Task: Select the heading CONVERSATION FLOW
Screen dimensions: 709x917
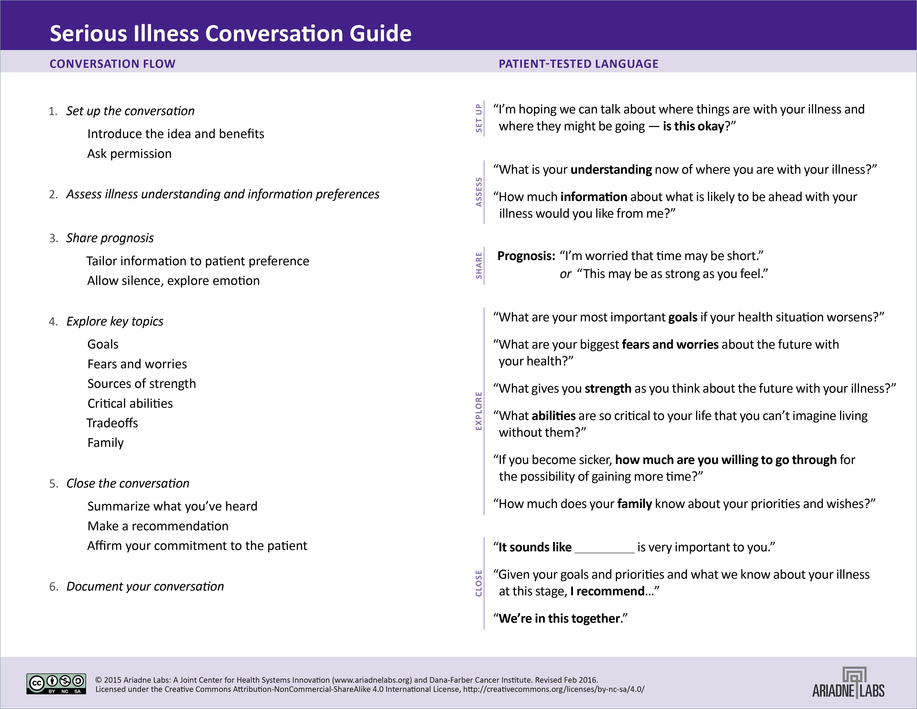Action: point(113,64)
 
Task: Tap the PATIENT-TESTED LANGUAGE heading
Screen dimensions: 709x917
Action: point(578,64)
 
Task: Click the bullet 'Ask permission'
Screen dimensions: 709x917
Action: point(129,154)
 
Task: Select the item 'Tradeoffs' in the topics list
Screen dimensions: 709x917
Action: point(112,423)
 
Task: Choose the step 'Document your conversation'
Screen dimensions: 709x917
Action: point(145,586)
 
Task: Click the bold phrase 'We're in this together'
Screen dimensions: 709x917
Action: point(559,618)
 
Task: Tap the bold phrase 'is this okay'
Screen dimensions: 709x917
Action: point(693,126)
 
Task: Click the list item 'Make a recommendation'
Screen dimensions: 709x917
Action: point(158,526)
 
